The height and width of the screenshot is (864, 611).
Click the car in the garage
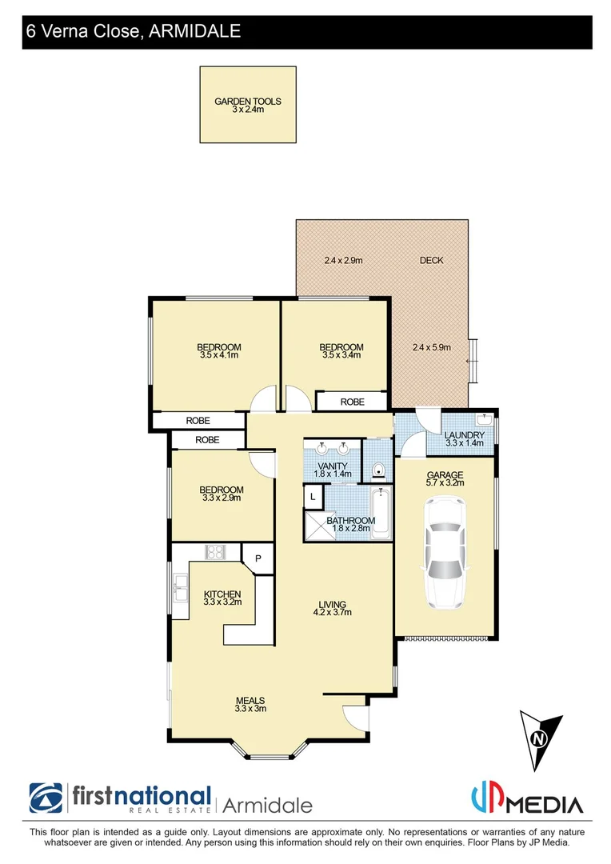[x=445, y=551]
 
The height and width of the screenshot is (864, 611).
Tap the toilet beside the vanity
[x=377, y=470]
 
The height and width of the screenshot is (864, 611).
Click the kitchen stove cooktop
[x=215, y=551]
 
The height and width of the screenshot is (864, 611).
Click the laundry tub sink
[x=484, y=419]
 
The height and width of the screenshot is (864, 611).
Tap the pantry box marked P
[x=258, y=558]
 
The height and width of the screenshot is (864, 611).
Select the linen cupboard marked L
[x=312, y=498]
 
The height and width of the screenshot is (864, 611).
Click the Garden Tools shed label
[x=248, y=105]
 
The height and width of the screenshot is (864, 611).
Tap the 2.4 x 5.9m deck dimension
[x=432, y=347]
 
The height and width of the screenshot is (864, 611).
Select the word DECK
[x=431, y=260]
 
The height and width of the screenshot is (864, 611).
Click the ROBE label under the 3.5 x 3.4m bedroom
[x=353, y=402]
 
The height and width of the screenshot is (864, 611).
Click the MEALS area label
[x=250, y=703]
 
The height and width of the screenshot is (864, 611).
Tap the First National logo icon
[x=46, y=798]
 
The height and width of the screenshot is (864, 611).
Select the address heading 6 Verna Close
[x=133, y=31]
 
